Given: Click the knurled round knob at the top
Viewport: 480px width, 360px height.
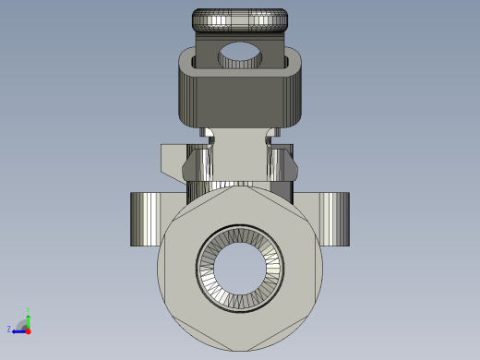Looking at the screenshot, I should pyautogui.click(x=240, y=20).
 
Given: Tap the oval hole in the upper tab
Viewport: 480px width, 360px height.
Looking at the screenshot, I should pyautogui.click(x=240, y=56).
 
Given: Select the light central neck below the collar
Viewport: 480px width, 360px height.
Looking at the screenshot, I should pyautogui.click(x=240, y=157).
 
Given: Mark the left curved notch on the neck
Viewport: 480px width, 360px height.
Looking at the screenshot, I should pyautogui.click(x=211, y=139).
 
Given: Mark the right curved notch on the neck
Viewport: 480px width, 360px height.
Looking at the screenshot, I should pyautogui.click(x=270, y=139).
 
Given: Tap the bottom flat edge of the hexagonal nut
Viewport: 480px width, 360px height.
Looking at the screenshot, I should pyautogui.click(x=240, y=350).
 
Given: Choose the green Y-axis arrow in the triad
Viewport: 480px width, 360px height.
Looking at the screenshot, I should pyautogui.click(x=29, y=317).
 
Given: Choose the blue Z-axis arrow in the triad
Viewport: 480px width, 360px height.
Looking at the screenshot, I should pyautogui.click(x=18, y=330).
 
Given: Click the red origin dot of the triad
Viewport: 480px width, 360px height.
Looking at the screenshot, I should pyautogui.click(x=29, y=330).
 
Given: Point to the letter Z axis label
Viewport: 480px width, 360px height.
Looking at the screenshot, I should pyautogui.click(x=9, y=329).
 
